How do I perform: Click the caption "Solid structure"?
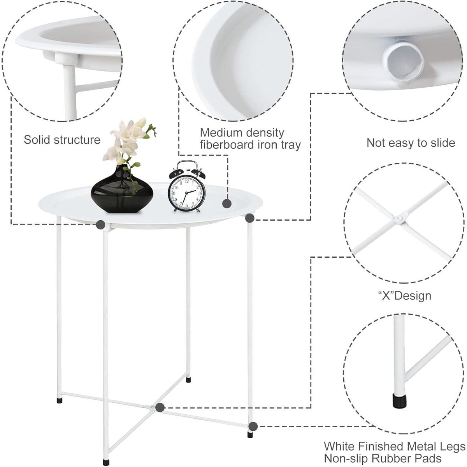62,140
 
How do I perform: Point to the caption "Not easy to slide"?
411,143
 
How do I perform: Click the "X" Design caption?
405,295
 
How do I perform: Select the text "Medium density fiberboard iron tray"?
250,139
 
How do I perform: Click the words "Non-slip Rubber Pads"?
383,458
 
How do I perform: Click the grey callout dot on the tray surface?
227,203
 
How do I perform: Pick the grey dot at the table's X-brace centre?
159,407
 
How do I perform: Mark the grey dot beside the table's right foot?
253,427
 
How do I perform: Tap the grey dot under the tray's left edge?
101,224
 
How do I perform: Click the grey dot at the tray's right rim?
250,218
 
